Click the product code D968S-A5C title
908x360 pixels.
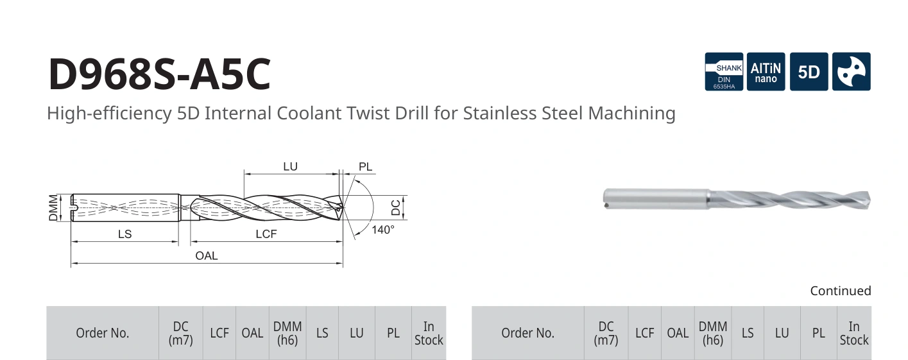(x=159, y=74)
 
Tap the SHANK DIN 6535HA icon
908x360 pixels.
(x=724, y=71)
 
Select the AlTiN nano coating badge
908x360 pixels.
(x=766, y=71)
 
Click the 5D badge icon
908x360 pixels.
(x=809, y=71)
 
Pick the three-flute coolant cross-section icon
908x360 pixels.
(x=852, y=71)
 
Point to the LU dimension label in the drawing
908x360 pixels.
(x=290, y=167)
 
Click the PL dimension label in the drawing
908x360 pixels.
(x=365, y=167)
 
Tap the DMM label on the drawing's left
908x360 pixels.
(x=53, y=208)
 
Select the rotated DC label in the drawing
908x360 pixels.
(x=396, y=207)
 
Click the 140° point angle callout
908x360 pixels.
(x=383, y=230)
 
